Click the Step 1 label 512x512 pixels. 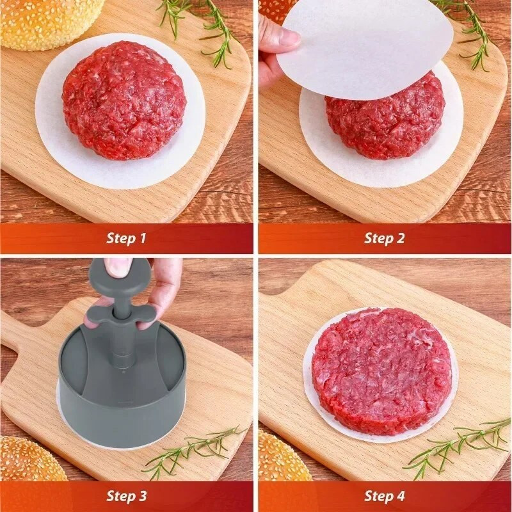pyautogui.click(x=126, y=239)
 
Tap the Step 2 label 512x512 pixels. pyautogui.click(x=384, y=239)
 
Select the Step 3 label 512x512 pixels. pyautogui.click(x=126, y=496)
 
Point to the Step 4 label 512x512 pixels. pyautogui.click(x=384, y=496)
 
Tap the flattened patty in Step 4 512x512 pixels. pyautogui.click(x=381, y=371)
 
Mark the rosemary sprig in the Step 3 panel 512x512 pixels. pyautogui.click(x=192, y=451)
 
